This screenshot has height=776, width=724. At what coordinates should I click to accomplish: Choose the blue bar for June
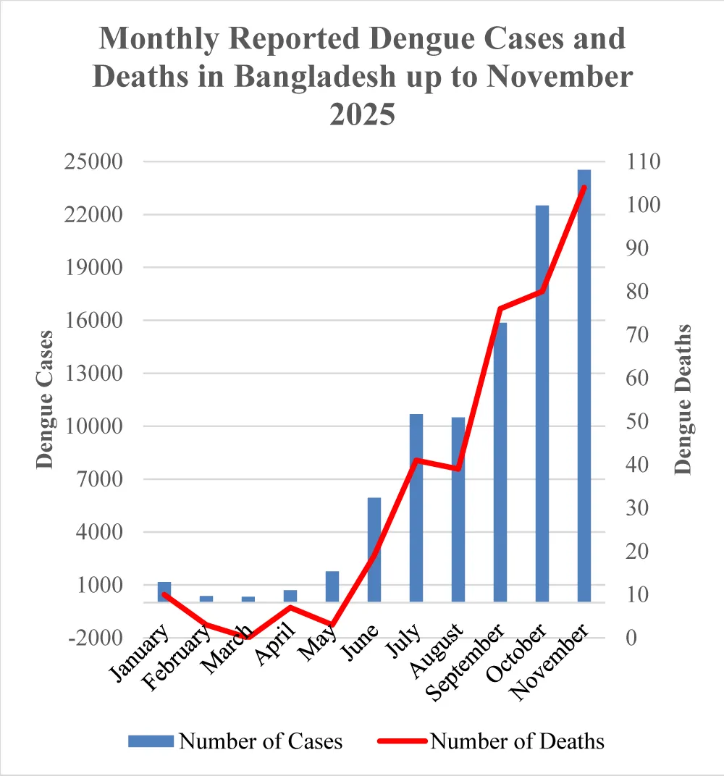(374, 549)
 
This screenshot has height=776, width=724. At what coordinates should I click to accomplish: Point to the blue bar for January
(164, 591)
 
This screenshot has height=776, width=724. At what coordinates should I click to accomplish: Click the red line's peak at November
(584, 187)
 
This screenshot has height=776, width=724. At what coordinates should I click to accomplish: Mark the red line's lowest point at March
(250, 637)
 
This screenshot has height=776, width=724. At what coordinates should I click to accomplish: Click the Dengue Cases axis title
(45, 400)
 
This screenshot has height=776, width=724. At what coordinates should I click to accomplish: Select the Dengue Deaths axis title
(683, 400)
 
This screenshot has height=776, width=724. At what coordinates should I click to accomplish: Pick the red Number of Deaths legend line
(402, 741)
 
